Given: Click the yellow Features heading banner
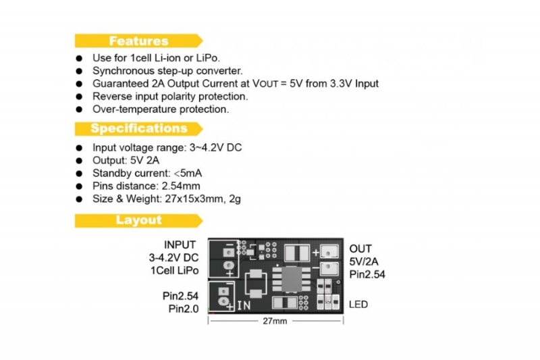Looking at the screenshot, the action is pyautogui.click(x=138, y=41).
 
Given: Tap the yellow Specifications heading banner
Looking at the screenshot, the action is pyautogui.click(x=138, y=128).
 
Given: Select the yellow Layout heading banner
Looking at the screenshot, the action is pyautogui.click(x=138, y=220).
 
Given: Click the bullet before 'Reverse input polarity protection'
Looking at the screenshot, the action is pyautogui.click(x=79, y=97).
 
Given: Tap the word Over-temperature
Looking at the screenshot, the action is pyautogui.click(x=134, y=109).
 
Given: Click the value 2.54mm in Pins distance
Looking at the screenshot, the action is pyautogui.click(x=181, y=186).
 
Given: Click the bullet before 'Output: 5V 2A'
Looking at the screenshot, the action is pyautogui.click(x=79, y=161).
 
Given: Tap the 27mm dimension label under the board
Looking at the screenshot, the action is pyautogui.click(x=275, y=321).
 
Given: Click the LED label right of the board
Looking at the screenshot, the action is pyautogui.click(x=358, y=305).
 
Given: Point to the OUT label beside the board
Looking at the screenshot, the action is pyautogui.click(x=360, y=249).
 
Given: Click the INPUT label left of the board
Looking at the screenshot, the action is pyautogui.click(x=180, y=245).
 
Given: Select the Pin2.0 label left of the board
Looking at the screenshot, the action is pyautogui.click(x=184, y=309).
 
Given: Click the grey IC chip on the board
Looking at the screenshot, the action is pyautogui.click(x=292, y=279).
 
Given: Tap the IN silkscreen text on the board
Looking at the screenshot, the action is pyautogui.click(x=244, y=305).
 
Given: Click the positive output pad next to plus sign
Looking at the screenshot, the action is pyautogui.click(x=329, y=252).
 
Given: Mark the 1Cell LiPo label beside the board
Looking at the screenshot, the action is pyautogui.click(x=175, y=270).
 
